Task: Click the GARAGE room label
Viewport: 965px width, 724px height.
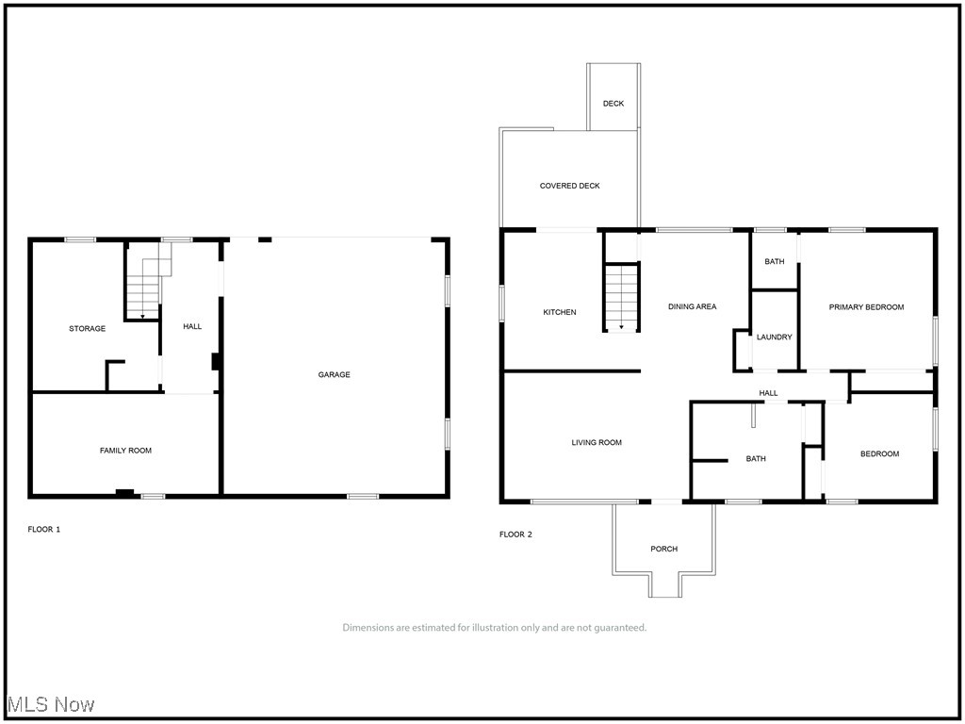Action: (334, 375)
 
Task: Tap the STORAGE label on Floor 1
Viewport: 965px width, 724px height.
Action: (87, 329)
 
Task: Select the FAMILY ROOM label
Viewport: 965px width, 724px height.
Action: (125, 451)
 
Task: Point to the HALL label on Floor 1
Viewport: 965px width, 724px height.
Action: (192, 327)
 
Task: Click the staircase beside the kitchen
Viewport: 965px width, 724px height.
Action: (621, 298)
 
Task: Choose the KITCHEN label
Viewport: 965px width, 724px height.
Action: (559, 313)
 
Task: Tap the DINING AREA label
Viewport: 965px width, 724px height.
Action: (692, 307)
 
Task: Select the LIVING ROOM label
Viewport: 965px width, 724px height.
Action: (597, 443)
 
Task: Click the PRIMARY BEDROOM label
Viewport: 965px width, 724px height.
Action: (866, 307)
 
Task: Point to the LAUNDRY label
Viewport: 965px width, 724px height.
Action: (775, 337)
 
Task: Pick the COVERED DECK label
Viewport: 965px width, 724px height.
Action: (569, 187)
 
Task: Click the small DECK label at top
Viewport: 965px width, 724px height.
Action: (613, 104)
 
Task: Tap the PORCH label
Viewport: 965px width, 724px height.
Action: (663, 550)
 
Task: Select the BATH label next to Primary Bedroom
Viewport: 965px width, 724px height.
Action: (775, 262)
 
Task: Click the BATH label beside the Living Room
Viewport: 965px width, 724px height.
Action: (756, 459)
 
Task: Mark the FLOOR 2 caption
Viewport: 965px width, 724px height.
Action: (515, 535)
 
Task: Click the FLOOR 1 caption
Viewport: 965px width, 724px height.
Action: (44, 530)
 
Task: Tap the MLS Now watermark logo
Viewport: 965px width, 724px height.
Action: (51, 705)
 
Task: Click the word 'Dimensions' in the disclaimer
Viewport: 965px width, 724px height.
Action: (369, 628)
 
